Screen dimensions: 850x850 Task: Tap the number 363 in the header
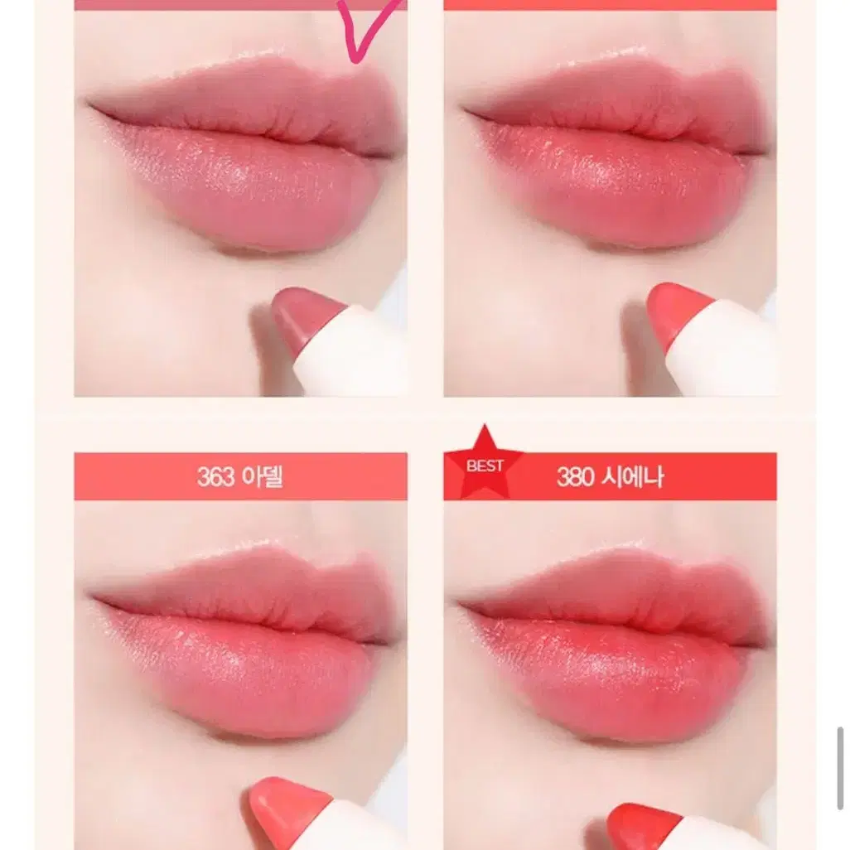(215, 477)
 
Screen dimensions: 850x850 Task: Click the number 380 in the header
(575, 477)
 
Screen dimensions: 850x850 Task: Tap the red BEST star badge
(484, 465)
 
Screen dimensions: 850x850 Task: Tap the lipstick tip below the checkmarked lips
(307, 314)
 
